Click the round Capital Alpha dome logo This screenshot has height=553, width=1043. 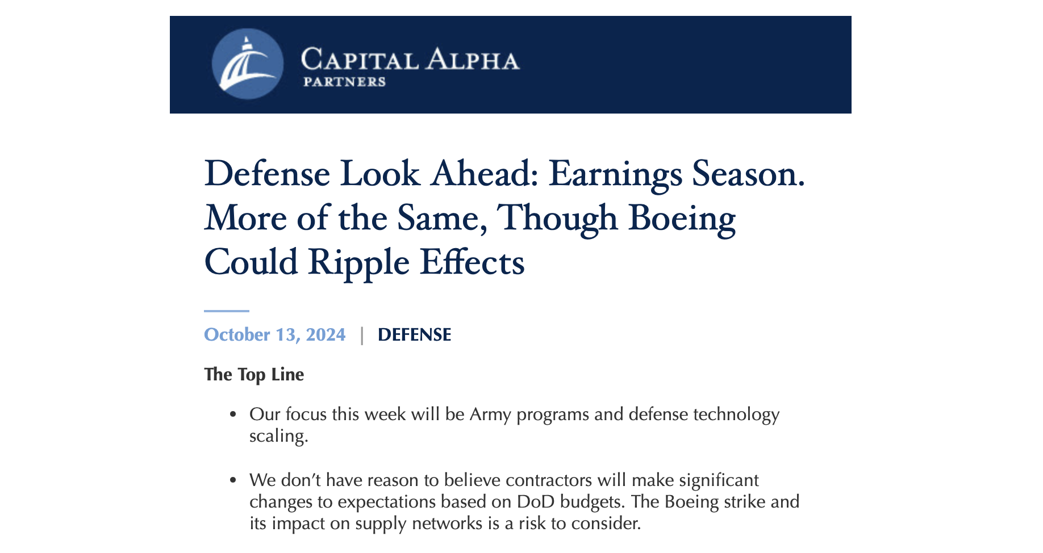click(248, 64)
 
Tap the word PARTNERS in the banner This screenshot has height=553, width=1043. click(344, 82)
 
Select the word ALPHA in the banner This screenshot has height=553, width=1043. click(473, 60)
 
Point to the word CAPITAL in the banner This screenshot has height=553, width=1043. click(360, 60)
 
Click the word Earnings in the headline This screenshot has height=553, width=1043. click(615, 174)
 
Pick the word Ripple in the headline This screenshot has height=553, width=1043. click(358, 262)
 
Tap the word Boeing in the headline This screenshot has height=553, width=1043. click(682, 218)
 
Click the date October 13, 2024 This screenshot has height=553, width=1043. click(274, 334)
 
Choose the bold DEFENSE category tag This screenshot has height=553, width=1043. click(414, 334)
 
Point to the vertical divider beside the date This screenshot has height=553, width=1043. click(362, 335)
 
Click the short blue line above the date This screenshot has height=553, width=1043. click(227, 311)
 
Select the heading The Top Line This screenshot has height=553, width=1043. click(254, 375)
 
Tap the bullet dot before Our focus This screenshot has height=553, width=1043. click(233, 415)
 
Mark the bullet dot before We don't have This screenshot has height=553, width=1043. click(233, 481)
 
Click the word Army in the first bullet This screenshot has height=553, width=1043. click(490, 414)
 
